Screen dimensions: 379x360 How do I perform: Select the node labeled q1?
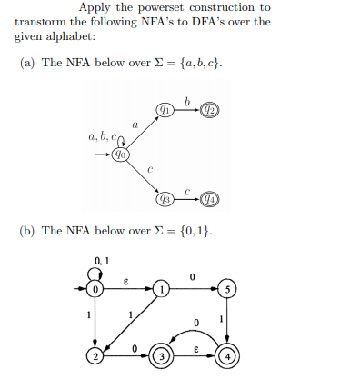165,109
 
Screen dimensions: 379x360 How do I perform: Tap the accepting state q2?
210,109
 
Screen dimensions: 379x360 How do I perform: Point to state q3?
165,198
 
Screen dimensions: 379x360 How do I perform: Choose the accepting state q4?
210,198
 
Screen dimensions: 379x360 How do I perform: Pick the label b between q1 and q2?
187,99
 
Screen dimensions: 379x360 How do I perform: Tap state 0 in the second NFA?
95,291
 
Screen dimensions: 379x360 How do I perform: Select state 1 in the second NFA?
162,291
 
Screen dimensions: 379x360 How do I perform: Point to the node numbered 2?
95,355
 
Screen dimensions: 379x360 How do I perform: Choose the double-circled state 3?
162,355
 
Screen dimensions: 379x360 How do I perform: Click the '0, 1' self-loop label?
95,262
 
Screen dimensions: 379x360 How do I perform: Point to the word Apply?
94,8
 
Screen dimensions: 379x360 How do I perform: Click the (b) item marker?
26,231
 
